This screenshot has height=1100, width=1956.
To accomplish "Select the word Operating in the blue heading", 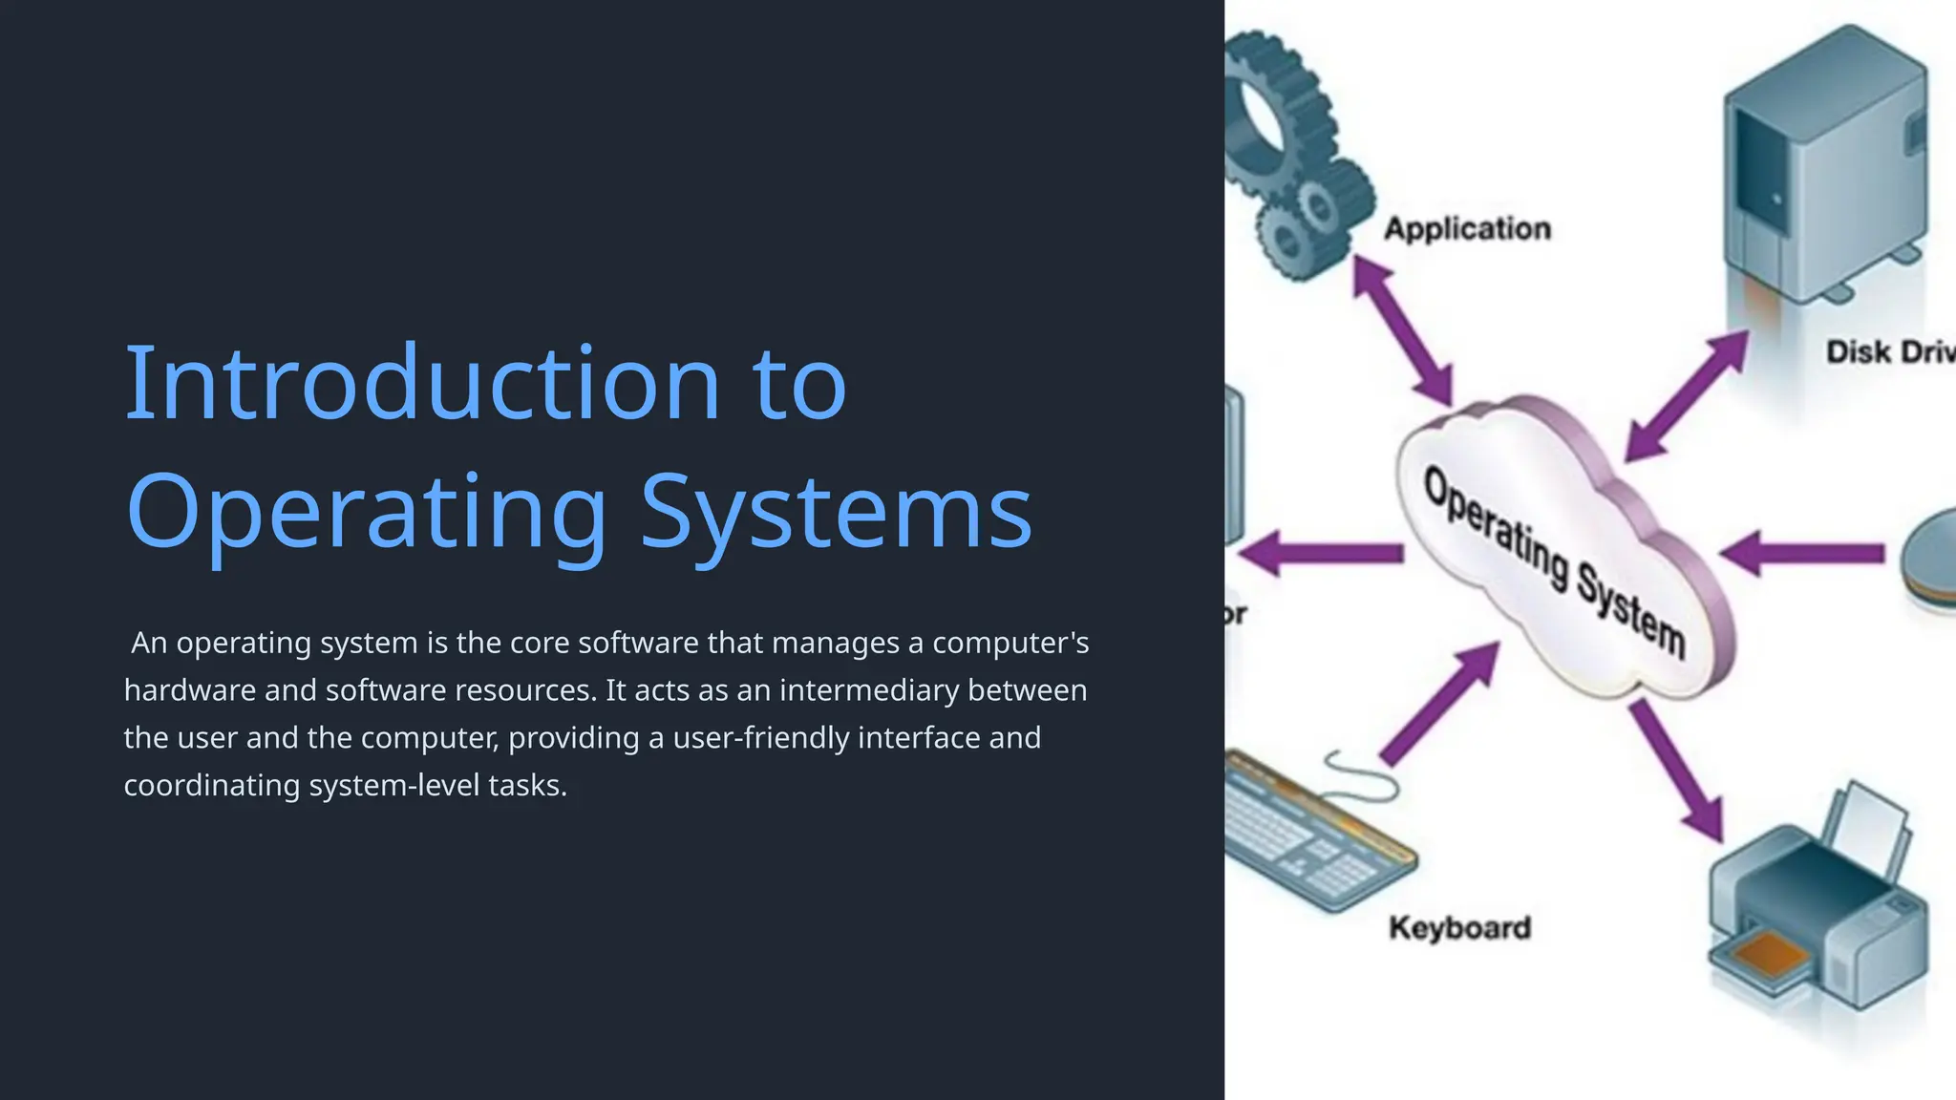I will click(x=367, y=514).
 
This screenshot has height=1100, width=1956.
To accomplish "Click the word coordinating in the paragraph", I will click(x=212, y=786).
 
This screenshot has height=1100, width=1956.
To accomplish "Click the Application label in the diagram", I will click(x=1467, y=229).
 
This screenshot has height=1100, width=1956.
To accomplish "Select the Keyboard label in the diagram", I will click(x=1459, y=928).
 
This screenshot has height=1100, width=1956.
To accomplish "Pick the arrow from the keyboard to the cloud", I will click(x=1438, y=705).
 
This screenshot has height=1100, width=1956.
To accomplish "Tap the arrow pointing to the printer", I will click(x=1677, y=770).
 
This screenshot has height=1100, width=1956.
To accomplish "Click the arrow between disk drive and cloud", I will click(x=1687, y=395).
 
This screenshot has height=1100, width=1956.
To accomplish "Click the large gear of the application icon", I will click(x=1270, y=115).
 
